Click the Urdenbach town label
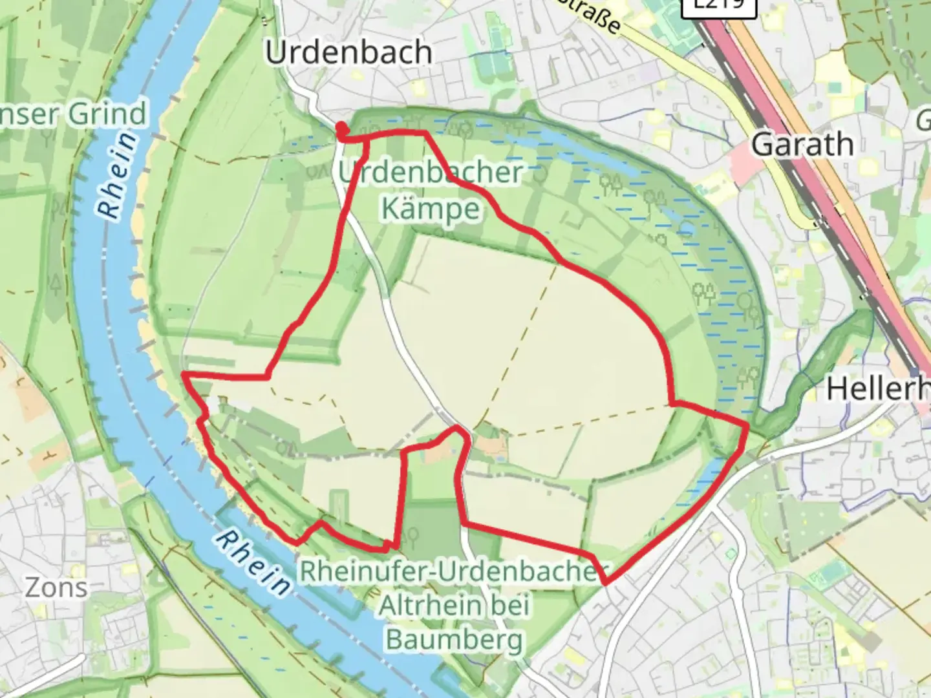coord(348,52)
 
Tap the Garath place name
coord(802,144)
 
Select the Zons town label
coord(56,587)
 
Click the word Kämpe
coord(431,209)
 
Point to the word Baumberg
coord(454,640)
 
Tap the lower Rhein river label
coord(252,562)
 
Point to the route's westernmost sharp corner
coord(184,374)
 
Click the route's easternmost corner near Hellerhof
coord(747,427)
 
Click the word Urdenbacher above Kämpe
coord(431,173)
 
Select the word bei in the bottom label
coord(509,606)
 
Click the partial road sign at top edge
coord(718,5)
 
